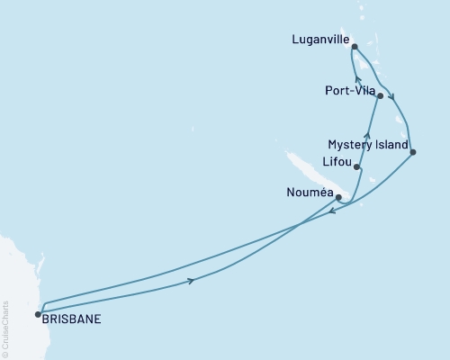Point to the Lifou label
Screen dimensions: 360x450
tap(337, 162)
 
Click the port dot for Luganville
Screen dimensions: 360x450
tap(355, 46)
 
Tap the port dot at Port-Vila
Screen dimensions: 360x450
tap(381, 95)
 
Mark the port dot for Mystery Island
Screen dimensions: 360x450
tap(412, 151)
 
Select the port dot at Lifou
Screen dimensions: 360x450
tap(357, 166)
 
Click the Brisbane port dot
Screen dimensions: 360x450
tap(38, 314)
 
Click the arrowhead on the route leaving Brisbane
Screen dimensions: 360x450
tap(191, 282)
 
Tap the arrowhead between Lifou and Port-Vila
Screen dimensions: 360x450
tap(367, 136)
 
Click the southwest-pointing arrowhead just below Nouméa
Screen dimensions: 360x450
tap(331, 212)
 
